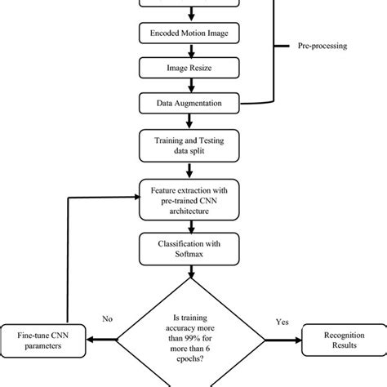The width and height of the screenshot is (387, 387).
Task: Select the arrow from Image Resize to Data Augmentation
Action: pos(189,87)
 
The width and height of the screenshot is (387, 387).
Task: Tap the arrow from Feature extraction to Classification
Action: pos(189,227)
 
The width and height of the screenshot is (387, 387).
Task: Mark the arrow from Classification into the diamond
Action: pos(189,273)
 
